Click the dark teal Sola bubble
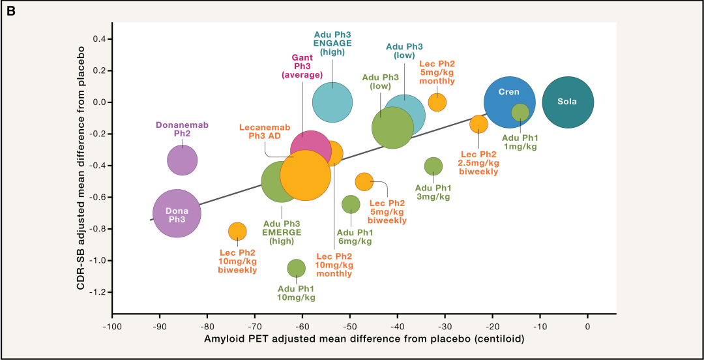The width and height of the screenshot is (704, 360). [568, 102]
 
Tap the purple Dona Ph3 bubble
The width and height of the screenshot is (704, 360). [177, 213]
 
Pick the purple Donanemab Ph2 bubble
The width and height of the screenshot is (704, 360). [182, 160]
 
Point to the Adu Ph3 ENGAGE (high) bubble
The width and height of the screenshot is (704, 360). [332, 102]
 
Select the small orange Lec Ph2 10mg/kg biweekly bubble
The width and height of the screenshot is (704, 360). [237, 232]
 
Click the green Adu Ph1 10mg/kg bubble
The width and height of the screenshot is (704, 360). [297, 268]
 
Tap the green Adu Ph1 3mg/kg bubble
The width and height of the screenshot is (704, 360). [433, 166]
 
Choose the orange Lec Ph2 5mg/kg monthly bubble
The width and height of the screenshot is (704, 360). [437, 102]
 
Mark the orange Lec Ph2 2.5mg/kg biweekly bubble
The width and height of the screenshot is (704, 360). [479, 124]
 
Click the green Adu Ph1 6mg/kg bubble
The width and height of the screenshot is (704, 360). [351, 204]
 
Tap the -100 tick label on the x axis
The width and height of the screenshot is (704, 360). [112, 326]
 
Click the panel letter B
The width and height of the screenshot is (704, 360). [12, 10]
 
